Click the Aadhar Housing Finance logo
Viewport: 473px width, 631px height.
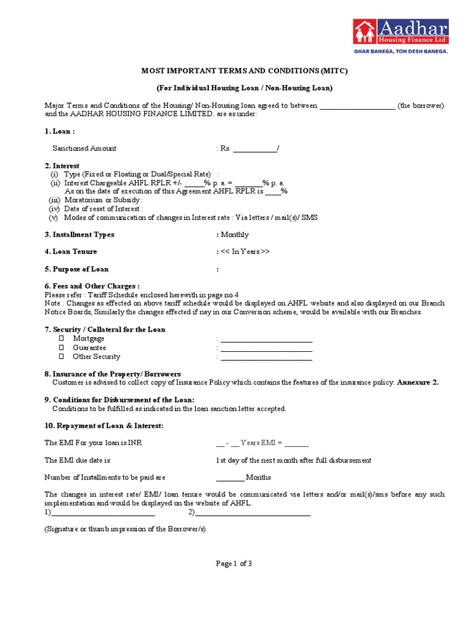(x=400, y=31)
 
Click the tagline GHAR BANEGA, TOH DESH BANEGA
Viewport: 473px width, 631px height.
(x=400, y=52)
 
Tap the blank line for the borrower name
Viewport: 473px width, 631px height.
(x=357, y=106)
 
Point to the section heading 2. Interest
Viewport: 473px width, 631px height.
(x=62, y=166)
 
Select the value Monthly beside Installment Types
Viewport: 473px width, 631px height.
(x=234, y=235)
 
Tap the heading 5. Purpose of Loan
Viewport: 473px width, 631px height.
(x=76, y=269)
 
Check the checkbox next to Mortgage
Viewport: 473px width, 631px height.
(x=61, y=338)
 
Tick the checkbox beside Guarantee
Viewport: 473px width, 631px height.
(x=61, y=348)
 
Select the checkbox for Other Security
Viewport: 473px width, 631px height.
(x=61, y=356)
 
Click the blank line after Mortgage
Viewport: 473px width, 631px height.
(x=266, y=339)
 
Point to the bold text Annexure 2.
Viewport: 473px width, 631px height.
(x=418, y=383)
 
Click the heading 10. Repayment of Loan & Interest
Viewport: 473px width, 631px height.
(x=103, y=426)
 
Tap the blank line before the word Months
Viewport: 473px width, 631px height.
(x=230, y=478)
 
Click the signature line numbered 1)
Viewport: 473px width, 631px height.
(x=102, y=513)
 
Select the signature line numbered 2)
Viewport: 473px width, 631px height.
(x=253, y=513)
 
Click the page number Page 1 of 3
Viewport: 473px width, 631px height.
(x=233, y=563)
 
